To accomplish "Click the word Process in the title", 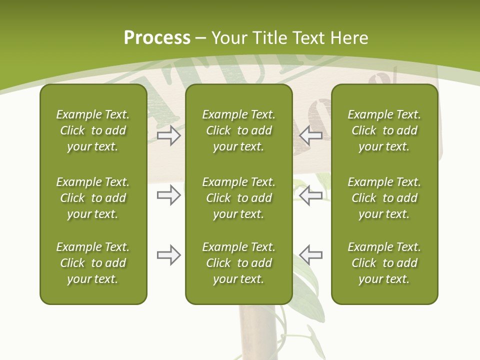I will pyautogui.click(x=157, y=38).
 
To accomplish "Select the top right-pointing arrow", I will pyautogui.click(x=168, y=135).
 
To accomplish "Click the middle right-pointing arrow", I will pyautogui.click(x=168, y=195).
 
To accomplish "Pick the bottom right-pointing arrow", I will pyautogui.click(x=168, y=255).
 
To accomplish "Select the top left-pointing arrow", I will pyautogui.click(x=310, y=135).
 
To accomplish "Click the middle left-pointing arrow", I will pyautogui.click(x=310, y=195).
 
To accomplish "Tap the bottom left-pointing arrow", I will pyautogui.click(x=310, y=255).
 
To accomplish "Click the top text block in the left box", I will pyautogui.click(x=93, y=130).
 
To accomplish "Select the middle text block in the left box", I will pyautogui.click(x=93, y=198).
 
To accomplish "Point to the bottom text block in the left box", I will pyautogui.click(x=93, y=263).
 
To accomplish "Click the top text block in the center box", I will pyautogui.click(x=238, y=130).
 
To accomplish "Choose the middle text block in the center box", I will pyautogui.click(x=238, y=198).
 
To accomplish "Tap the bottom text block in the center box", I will pyautogui.click(x=238, y=263).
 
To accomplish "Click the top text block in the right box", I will pyautogui.click(x=384, y=130).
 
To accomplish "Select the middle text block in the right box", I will pyautogui.click(x=384, y=198).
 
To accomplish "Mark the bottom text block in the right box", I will pyautogui.click(x=384, y=263).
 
